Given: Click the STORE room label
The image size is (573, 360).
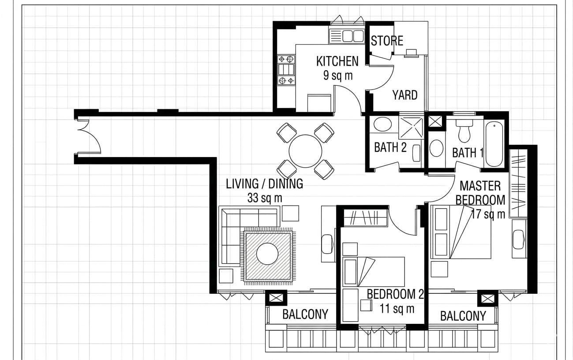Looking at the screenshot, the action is pyautogui.click(x=387, y=41).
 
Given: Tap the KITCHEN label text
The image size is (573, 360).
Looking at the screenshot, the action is pyautogui.click(x=337, y=61).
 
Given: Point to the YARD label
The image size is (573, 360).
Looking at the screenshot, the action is pyautogui.click(x=405, y=95).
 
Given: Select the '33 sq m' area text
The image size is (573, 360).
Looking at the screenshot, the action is pyautogui.click(x=265, y=198).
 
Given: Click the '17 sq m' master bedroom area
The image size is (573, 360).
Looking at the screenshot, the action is pyautogui.click(x=488, y=214).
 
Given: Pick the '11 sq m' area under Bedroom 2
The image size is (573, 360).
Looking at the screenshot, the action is pyautogui.click(x=397, y=308).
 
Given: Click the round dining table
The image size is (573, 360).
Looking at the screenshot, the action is pyautogui.click(x=305, y=151).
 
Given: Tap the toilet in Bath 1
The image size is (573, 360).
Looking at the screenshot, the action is pyautogui.click(x=464, y=131).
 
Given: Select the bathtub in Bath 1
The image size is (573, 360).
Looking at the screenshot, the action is pyautogui.click(x=494, y=144).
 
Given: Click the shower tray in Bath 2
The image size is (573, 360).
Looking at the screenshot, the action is pyautogui.click(x=411, y=128).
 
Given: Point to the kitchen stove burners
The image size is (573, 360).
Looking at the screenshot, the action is pyautogui.click(x=286, y=70).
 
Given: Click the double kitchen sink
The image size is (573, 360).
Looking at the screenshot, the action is pyautogui.click(x=347, y=36).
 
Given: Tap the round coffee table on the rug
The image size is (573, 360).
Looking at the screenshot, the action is pyautogui.click(x=267, y=254).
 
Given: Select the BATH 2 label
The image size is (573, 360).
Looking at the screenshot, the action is pyautogui.click(x=390, y=147).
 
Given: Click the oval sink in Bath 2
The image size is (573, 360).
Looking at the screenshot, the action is pyautogui.click(x=382, y=124).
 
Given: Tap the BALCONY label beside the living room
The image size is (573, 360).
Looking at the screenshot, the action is pyautogui.click(x=305, y=314).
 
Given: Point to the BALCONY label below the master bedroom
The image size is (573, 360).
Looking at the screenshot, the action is pyautogui.click(x=463, y=316).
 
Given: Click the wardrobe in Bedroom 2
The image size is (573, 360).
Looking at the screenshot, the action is pyautogui.click(x=365, y=218).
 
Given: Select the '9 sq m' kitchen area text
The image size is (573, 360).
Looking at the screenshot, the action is pyautogui.click(x=338, y=75).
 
